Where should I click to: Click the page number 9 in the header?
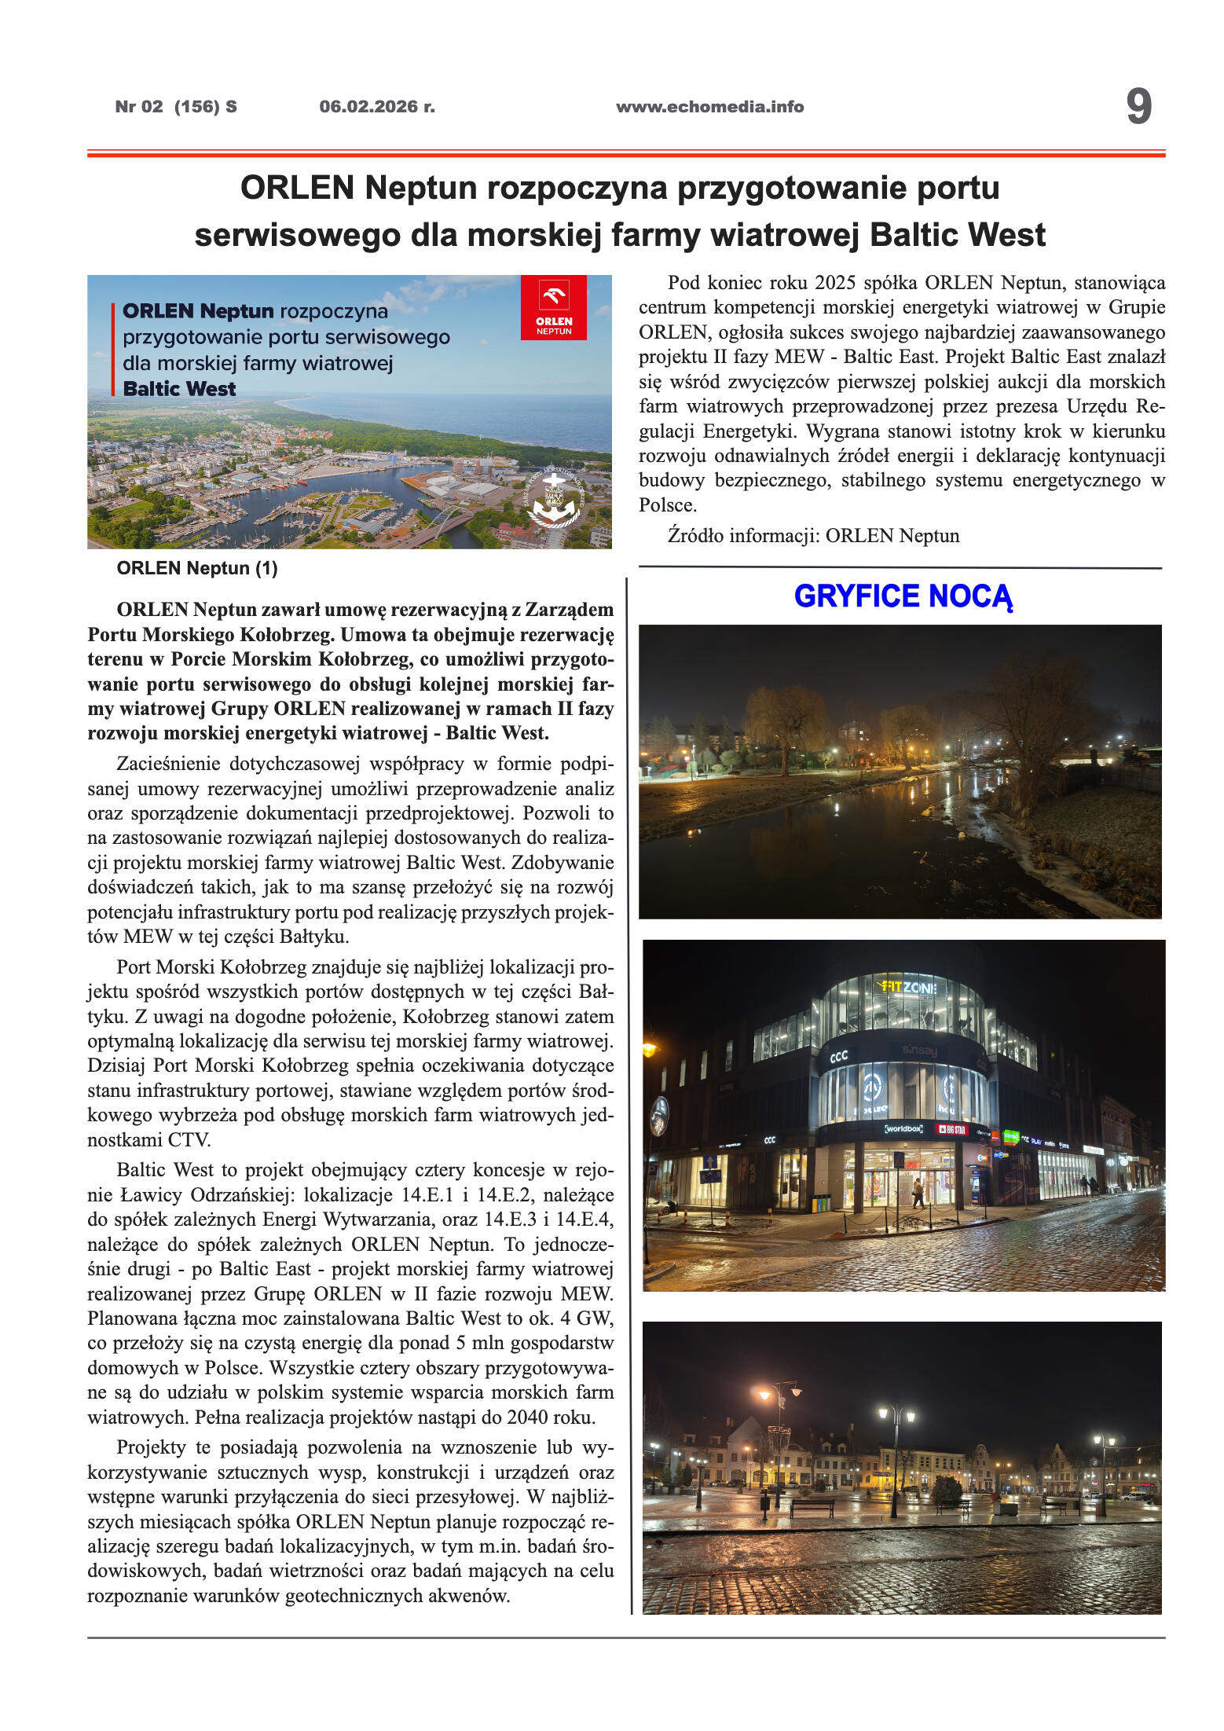tap(1138, 106)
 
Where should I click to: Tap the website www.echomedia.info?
tap(709, 107)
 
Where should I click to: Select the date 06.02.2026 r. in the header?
tap(377, 107)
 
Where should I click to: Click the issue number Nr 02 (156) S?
tap(176, 107)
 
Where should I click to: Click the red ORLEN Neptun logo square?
tap(553, 307)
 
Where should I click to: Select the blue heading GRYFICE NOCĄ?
tap(903, 596)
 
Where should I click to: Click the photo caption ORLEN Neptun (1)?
tap(197, 568)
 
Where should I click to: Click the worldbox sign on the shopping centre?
tap(903, 1128)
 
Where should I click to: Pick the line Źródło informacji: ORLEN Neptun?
tap(813, 536)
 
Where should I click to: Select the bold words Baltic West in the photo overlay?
tap(180, 389)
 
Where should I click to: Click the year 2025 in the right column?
tap(835, 283)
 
